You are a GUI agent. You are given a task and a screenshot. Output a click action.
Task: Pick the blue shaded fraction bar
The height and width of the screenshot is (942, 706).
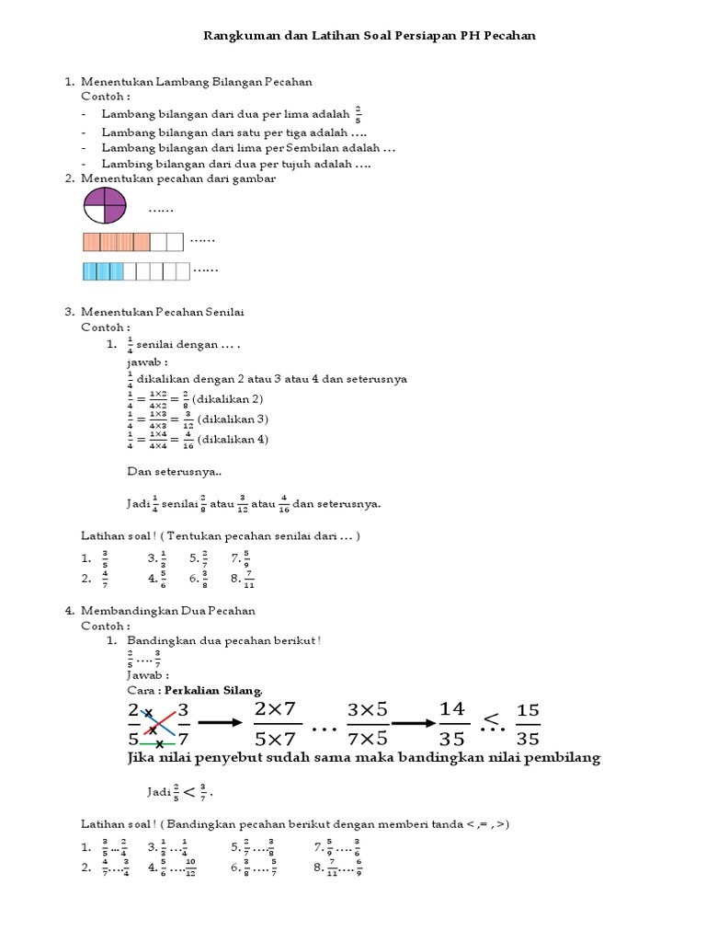pos(135,271)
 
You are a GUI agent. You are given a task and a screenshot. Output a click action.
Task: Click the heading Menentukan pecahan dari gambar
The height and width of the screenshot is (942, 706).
pos(179,178)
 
